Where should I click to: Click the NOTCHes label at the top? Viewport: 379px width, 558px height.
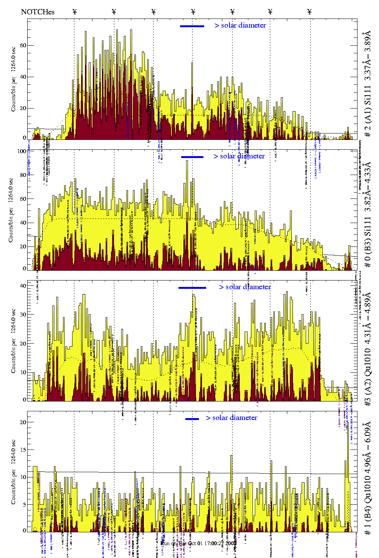[38, 12]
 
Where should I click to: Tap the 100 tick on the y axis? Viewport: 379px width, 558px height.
[22, 151]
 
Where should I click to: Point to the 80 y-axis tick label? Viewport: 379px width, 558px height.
[23, 175]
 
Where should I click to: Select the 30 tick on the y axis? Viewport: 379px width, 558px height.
[23, 315]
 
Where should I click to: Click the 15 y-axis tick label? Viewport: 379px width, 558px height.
[23, 449]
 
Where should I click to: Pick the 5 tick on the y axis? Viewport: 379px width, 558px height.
[25, 505]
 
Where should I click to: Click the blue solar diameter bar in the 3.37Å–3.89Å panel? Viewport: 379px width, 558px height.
[192, 26]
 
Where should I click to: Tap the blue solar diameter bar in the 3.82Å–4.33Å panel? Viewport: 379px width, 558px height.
[192, 157]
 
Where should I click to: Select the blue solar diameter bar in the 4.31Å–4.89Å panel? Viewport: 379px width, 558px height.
[192, 288]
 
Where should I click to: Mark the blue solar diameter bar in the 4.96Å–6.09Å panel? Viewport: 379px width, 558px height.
[192, 419]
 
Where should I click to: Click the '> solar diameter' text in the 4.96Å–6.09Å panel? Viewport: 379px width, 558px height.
[232, 418]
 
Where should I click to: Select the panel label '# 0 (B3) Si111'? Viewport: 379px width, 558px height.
[367, 242]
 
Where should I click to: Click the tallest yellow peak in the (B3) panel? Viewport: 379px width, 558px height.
[187, 162]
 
